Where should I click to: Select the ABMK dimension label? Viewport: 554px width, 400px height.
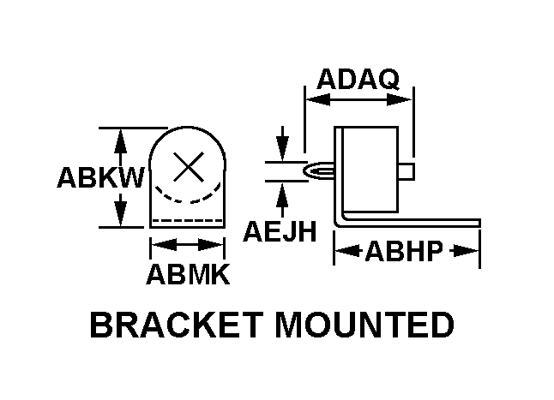pyautogui.click(x=187, y=275)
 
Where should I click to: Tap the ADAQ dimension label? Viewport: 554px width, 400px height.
pyautogui.click(x=358, y=80)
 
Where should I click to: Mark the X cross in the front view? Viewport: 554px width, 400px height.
pyautogui.click(x=188, y=166)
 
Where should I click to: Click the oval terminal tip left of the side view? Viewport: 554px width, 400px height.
pyautogui.click(x=319, y=171)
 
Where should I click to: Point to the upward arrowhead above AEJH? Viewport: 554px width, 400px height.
pyautogui.click(x=281, y=194)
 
